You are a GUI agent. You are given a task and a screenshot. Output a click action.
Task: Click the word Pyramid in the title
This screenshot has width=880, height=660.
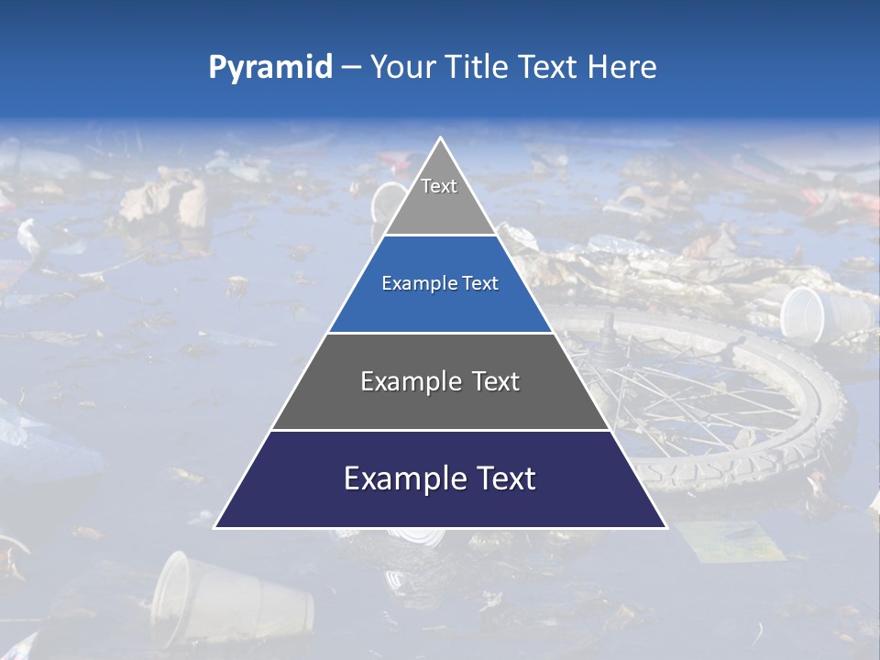point(269,68)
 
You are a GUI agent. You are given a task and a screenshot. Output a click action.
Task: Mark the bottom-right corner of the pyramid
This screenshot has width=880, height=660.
point(665,527)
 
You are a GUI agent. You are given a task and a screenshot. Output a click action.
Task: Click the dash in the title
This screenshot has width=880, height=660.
point(351,68)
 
